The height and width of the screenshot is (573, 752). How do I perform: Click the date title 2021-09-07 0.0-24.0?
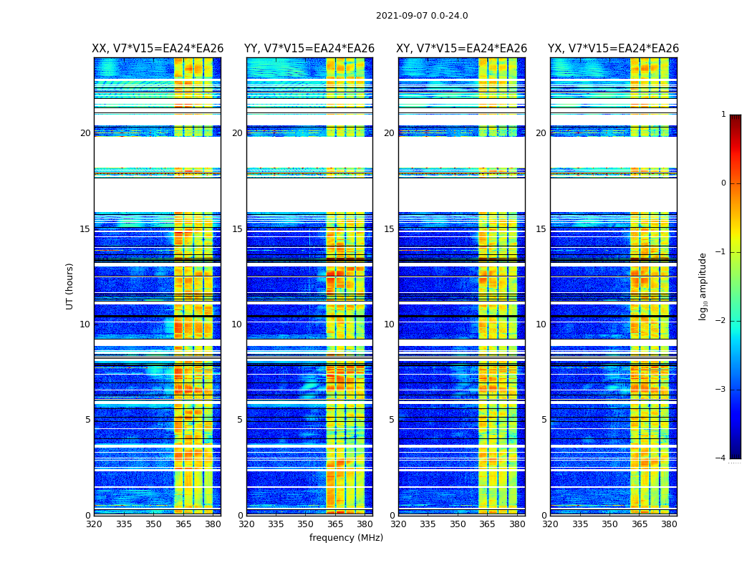[x=422, y=16]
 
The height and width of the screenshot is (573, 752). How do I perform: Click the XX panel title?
[x=158, y=49]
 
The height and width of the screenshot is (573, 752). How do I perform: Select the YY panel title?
[x=309, y=49]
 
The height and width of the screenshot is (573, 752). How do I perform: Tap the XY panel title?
[x=462, y=49]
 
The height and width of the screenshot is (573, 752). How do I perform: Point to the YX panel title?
[x=614, y=49]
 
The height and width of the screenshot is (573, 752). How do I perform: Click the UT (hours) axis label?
[x=70, y=286]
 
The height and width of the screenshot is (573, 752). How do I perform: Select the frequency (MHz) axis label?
[x=346, y=538]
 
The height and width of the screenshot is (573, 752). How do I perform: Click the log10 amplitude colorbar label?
[x=703, y=286]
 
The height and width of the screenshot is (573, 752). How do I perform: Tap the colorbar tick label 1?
[x=723, y=115]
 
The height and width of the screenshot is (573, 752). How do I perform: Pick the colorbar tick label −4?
[x=722, y=458]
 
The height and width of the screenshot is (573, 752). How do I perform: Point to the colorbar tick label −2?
[x=722, y=321]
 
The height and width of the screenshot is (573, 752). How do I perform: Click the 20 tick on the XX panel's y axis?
[x=85, y=133]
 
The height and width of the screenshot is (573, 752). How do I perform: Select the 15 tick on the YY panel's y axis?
[x=237, y=229]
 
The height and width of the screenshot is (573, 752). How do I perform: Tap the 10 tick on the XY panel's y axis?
[x=389, y=324]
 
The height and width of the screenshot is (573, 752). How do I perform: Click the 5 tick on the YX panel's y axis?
[x=544, y=420]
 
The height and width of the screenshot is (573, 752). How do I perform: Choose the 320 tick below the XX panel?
[x=94, y=524]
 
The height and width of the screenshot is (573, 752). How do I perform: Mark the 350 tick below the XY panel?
[x=458, y=524]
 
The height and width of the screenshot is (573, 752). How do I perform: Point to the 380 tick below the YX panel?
[x=669, y=524]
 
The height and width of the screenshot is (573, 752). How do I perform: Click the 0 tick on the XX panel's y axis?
[x=88, y=516]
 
